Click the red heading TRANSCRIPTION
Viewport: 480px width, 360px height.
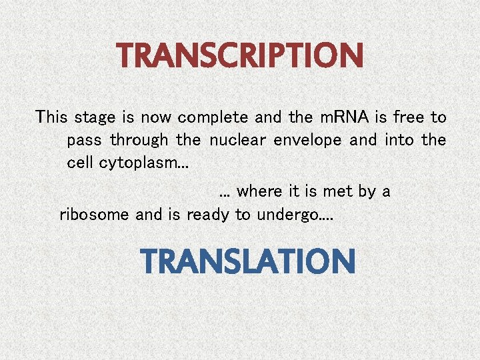[x=241, y=56]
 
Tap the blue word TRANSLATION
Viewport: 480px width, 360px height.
[x=248, y=261]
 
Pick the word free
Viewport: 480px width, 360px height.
[x=409, y=118]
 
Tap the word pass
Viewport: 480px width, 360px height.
[x=85, y=141]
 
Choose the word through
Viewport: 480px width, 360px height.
[x=139, y=141]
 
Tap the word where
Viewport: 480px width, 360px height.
[x=259, y=191]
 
